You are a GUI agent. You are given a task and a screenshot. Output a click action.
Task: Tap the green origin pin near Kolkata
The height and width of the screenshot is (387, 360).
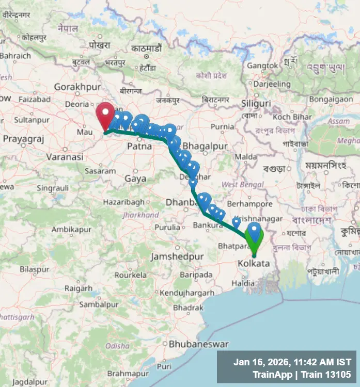tap(254, 238)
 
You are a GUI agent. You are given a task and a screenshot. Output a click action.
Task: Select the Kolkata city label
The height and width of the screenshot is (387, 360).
tap(253, 264)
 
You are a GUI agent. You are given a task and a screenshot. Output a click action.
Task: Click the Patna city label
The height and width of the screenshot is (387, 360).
tap(139, 146)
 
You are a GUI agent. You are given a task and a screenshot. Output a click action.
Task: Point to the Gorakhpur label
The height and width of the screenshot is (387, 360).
tap(77, 87)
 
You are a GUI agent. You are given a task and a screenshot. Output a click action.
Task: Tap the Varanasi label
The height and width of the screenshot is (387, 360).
tap(65, 156)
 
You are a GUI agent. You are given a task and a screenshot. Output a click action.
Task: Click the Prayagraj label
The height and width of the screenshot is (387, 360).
tap(24, 139)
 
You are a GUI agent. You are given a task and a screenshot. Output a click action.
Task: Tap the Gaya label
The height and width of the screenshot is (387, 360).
tap(135, 179)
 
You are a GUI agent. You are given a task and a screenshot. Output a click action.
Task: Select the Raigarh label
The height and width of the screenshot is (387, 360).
tap(79, 288)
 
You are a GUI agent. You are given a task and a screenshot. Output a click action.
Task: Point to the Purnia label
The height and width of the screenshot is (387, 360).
tap(222, 126)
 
